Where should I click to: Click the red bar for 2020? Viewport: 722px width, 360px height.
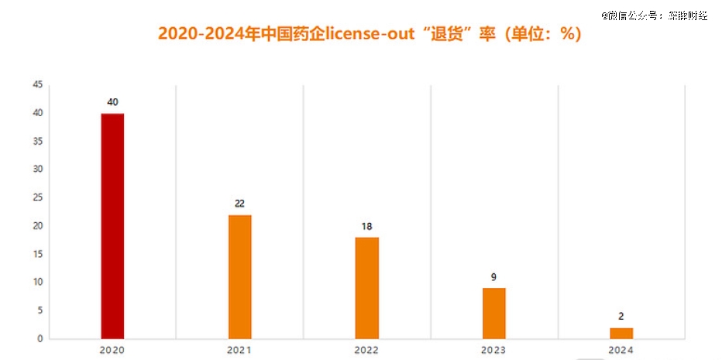point(112,226)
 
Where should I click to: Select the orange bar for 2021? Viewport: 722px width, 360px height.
point(239,276)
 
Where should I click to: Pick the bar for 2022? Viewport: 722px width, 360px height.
point(367,287)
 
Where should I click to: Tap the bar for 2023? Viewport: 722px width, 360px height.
point(494,313)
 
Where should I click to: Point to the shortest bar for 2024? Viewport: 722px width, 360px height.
point(621,333)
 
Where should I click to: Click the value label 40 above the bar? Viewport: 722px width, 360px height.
point(112,102)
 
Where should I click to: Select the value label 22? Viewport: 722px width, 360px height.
point(239,204)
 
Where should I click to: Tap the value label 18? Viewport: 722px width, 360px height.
point(367,226)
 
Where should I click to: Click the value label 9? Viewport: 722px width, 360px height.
point(494,276)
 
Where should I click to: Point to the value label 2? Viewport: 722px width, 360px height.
point(621,317)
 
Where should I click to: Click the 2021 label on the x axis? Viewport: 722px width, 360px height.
point(239,351)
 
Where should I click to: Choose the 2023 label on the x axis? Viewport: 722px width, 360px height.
point(494,351)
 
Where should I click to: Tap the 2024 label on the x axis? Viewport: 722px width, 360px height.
point(621,351)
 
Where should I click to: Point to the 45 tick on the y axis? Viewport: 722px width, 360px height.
point(37,85)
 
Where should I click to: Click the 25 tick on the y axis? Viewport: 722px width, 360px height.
point(37,197)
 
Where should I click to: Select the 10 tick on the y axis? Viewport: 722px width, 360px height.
point(37,282)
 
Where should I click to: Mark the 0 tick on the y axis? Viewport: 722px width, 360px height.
point(40,338)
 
